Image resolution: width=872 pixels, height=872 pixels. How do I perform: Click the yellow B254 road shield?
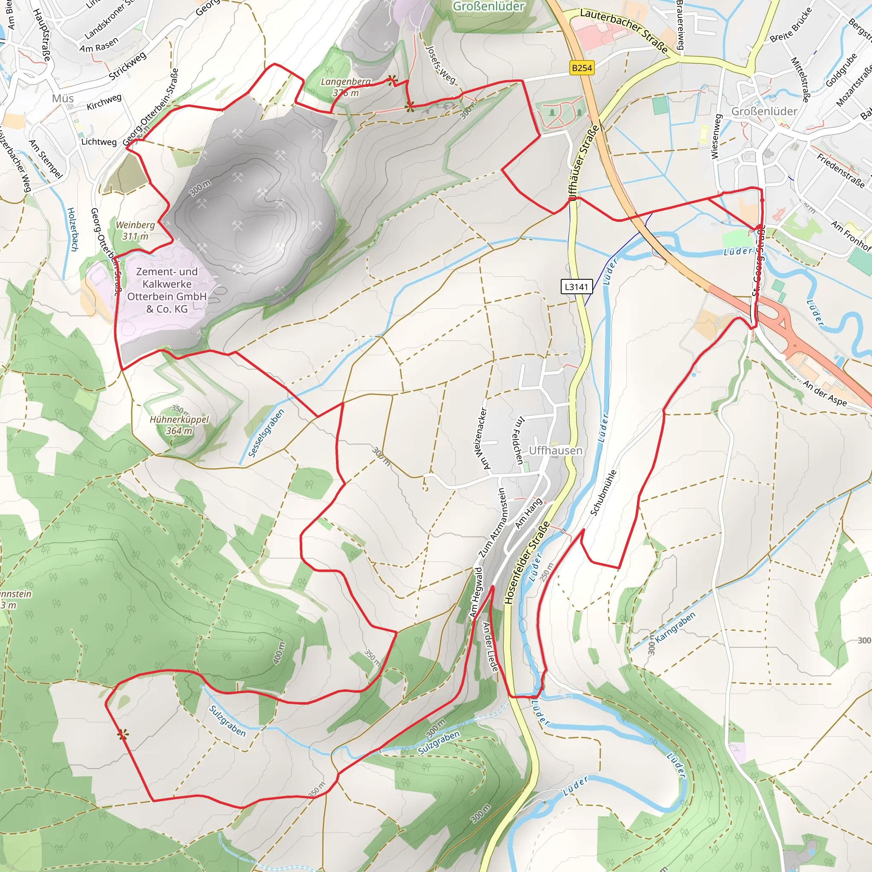tap(581, 68)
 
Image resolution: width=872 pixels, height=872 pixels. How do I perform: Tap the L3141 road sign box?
tap(577, 287)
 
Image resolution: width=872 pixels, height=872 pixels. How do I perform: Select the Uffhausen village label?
tap(556, 450)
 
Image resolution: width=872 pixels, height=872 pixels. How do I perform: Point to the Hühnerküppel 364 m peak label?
tap(179, 425)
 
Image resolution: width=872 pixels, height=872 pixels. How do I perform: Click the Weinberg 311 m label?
tap(135, 230)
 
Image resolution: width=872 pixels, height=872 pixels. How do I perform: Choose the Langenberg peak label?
tap(346, 87)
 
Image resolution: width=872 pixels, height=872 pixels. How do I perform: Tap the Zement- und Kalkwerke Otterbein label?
tap(167, 290)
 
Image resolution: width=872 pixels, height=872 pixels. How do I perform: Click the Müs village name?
tap(63, 98)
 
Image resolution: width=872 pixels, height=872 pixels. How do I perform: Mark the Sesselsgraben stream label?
tap(266, 433)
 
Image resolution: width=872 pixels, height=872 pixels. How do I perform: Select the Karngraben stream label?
tap(675, 627)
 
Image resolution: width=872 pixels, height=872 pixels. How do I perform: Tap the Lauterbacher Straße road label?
tap(623, 31)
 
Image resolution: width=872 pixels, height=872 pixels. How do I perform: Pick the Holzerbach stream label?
tap(73, 229)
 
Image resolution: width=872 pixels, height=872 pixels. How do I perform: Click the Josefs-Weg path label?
tap(441, 64)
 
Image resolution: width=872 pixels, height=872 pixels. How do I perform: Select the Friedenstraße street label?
tap(841, 170)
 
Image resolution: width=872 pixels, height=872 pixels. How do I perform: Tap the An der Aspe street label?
tap(825, 393)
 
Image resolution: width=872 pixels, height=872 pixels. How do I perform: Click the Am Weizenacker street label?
tap(483, 438)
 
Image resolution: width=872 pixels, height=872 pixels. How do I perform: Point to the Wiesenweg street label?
tap(716, 136)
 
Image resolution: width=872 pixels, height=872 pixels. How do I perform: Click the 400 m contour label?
tap(279, 653)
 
